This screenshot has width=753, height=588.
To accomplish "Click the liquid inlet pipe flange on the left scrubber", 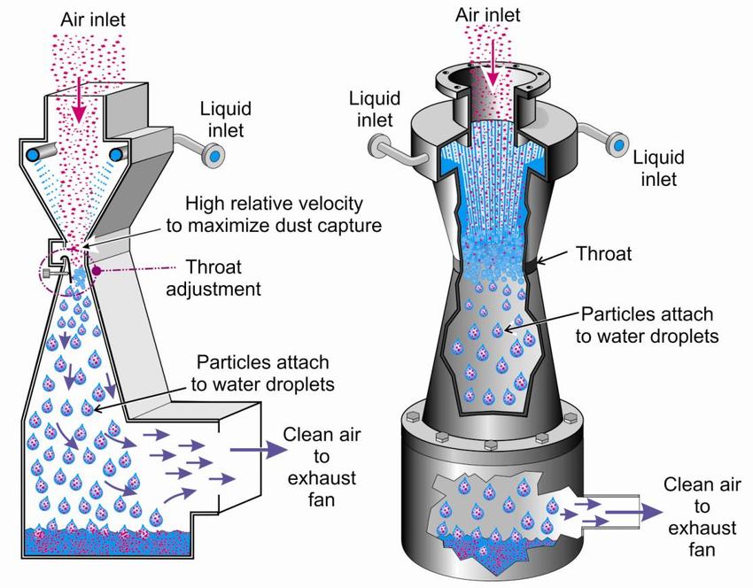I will (x=213, y=156).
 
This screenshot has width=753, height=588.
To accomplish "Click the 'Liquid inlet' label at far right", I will (x=659, y=169).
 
